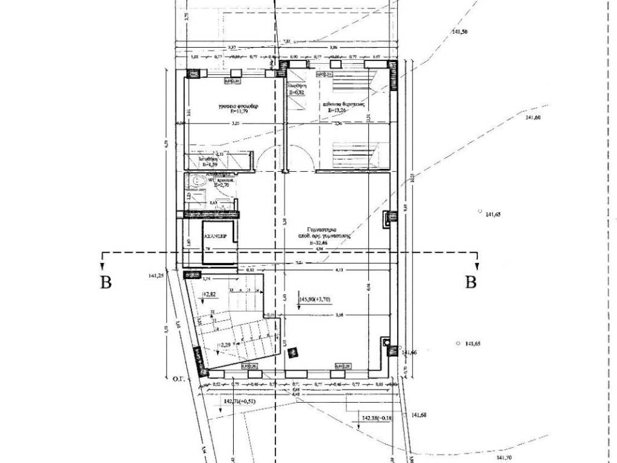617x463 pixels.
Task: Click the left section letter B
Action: pyautogui.click(x=107, y=282)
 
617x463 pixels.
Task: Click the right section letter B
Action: pyautogui.click(x=472, y=282)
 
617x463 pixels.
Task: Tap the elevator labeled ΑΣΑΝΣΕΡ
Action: pyautogui.click(x=215, y=237)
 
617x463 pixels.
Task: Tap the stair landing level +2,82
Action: pyautogui.click(x=209, y=295)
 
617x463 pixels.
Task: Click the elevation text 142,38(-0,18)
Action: pyautogui.click(x=376, y=417)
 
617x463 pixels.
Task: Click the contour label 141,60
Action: pyautogui.click(x=533, y=118)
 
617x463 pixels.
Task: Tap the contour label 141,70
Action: pyautogui.click(x=502, y=457)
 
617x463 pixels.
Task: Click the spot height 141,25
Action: pyautogui.click(x=157, y=276)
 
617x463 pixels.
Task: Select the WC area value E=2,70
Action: pyautogui.click(x=217, y=186)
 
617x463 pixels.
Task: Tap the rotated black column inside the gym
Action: pyautogui.click(x=293, y=353)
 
